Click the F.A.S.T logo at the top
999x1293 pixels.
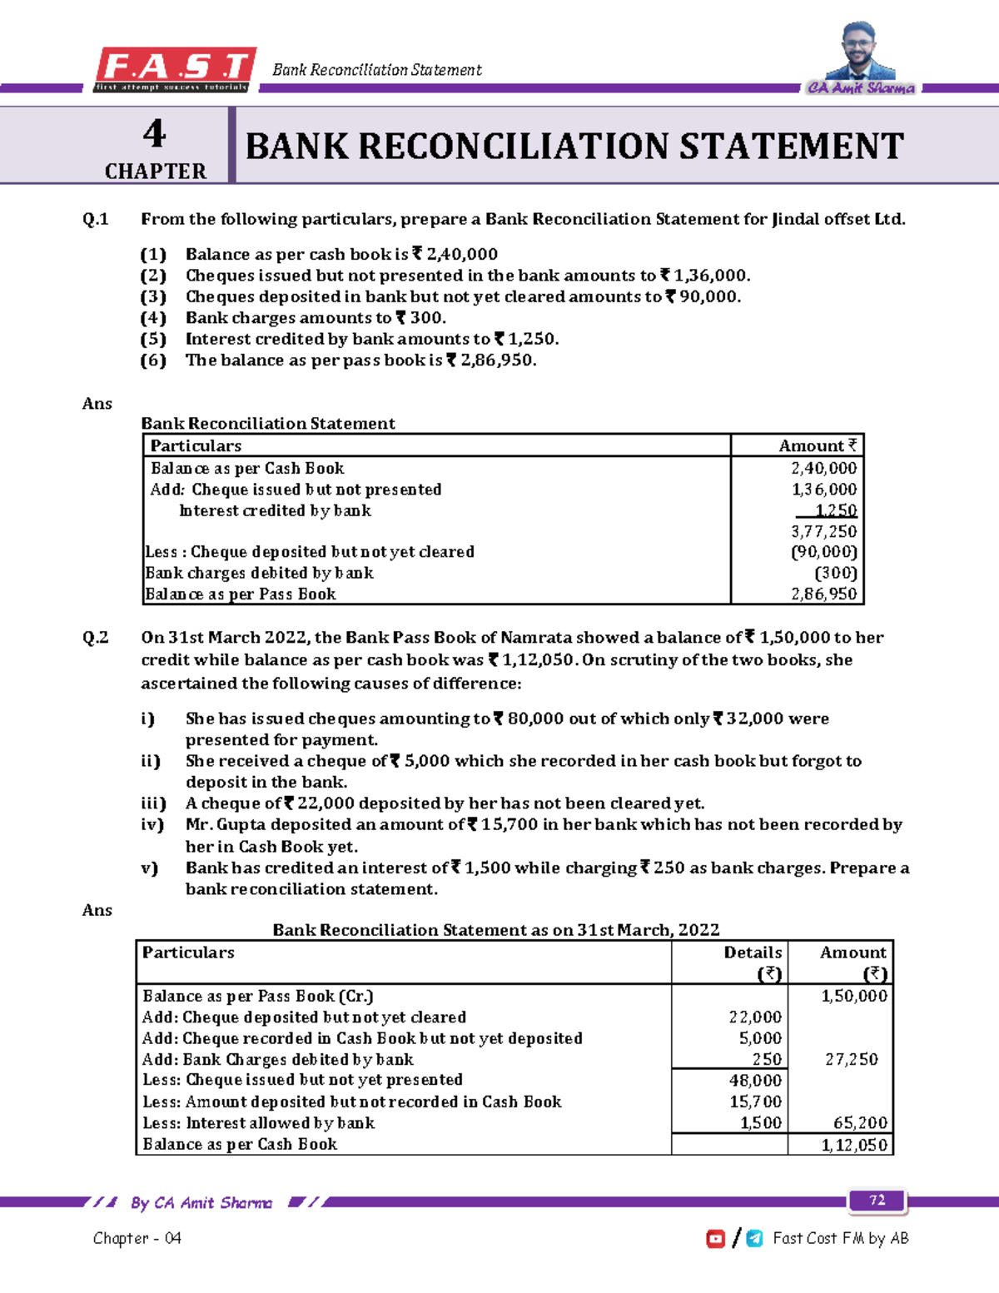pos(174,69)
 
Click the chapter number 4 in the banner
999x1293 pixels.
pos(155,133)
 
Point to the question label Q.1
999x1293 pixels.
pos(96,220)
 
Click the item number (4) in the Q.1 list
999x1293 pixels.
pos(153,318)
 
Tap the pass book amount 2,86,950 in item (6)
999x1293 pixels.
pos(496,361)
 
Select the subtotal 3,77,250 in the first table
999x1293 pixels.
pos(823,531)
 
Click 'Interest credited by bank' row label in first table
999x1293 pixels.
pos(275,510)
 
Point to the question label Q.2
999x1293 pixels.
pos(96,638)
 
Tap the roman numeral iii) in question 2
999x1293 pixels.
pos(153,803)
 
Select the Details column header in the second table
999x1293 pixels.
pos(753,953)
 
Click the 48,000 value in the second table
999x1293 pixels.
pos(755,1081)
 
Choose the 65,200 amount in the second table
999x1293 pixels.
pos(860,1123)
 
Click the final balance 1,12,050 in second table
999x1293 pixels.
pos(854,1145)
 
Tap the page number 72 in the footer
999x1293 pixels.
pos(877,1200)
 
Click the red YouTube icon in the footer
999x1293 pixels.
pos(715,1239)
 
